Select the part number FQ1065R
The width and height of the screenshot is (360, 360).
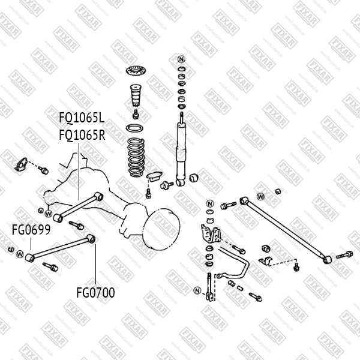coord(82,135)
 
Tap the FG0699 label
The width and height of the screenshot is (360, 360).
coord(31,229)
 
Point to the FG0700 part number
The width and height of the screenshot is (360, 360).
coord(95,293)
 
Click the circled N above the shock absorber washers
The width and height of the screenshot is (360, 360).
coord(181,59)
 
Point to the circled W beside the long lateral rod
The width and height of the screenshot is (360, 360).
coord(260,196)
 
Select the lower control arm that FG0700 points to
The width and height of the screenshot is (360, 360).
coord(60,247)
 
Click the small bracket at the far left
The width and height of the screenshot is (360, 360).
coord(20,164)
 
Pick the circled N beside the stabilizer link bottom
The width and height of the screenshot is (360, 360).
coord(196,292)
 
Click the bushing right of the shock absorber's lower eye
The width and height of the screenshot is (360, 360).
coord(194,178)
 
